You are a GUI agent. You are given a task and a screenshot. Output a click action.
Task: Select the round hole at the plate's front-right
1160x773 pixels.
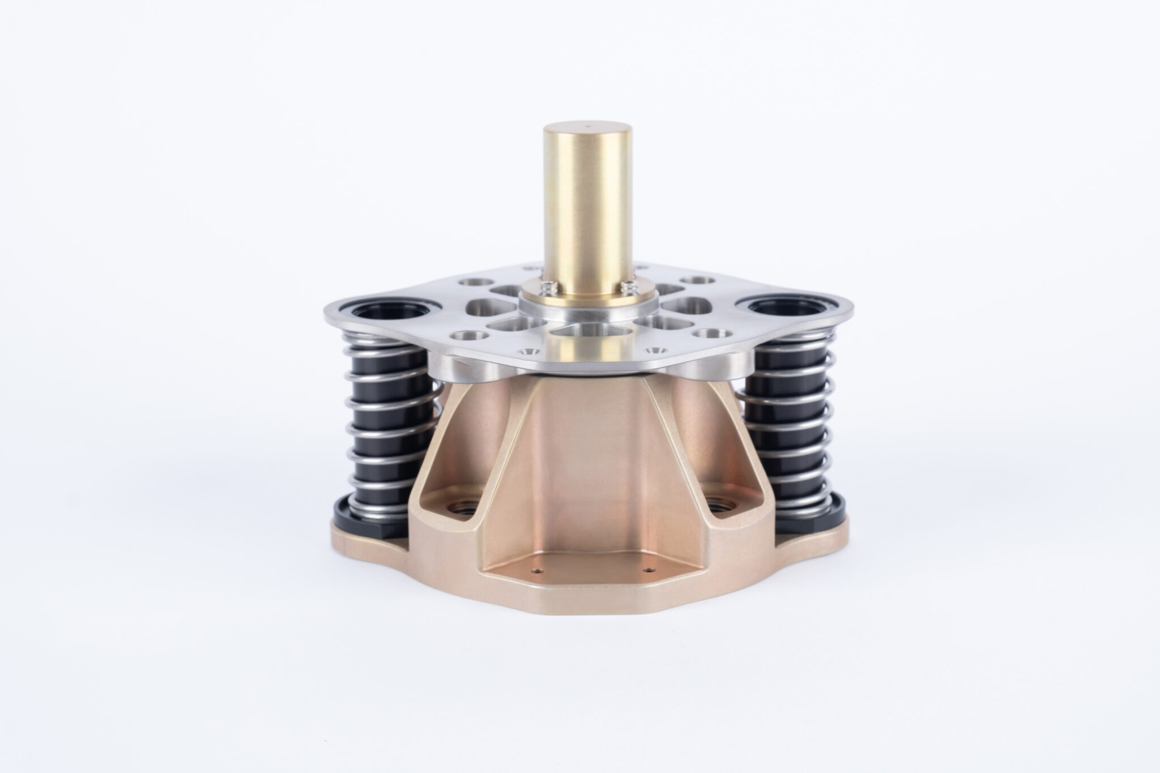click(x=706, y=334)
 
